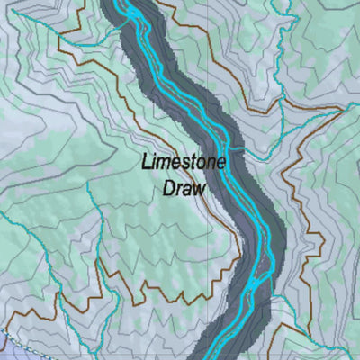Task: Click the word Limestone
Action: tap(184, 165)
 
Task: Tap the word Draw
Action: tap(184, 189)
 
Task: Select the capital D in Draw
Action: tap(169, 189)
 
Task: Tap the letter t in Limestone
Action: tap(193, 165)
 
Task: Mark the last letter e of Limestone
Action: tap(221, 165)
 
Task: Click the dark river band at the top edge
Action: tap(126, 4)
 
